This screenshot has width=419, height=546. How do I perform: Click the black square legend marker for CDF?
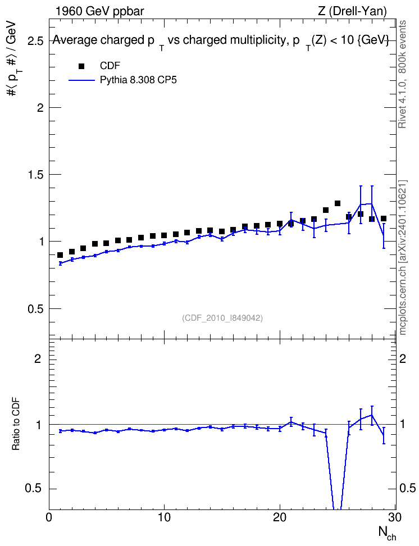81,66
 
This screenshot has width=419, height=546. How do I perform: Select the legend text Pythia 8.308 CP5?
138,80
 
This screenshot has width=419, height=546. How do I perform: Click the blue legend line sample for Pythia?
81,80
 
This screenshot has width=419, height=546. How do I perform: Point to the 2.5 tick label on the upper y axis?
36,42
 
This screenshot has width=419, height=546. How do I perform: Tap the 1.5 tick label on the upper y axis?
36,175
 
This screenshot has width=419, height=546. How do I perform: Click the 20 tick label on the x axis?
280,517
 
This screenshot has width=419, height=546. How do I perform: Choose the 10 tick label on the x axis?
164,517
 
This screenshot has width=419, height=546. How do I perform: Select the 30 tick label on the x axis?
395,517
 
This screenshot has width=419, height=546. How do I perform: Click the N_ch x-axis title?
387,533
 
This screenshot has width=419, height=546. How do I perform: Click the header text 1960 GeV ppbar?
99,11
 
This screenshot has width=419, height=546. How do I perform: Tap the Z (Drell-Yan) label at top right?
352,11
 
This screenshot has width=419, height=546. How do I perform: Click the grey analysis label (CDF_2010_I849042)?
222,318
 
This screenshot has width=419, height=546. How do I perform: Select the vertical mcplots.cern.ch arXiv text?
403,257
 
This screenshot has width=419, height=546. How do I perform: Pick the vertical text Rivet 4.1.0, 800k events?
402,74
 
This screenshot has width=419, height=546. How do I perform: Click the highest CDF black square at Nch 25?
337,203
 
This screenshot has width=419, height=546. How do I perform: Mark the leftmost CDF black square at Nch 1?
60,255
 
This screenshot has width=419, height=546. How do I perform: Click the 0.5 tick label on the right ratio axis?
408,488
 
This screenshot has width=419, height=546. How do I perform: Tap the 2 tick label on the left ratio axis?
38,358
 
